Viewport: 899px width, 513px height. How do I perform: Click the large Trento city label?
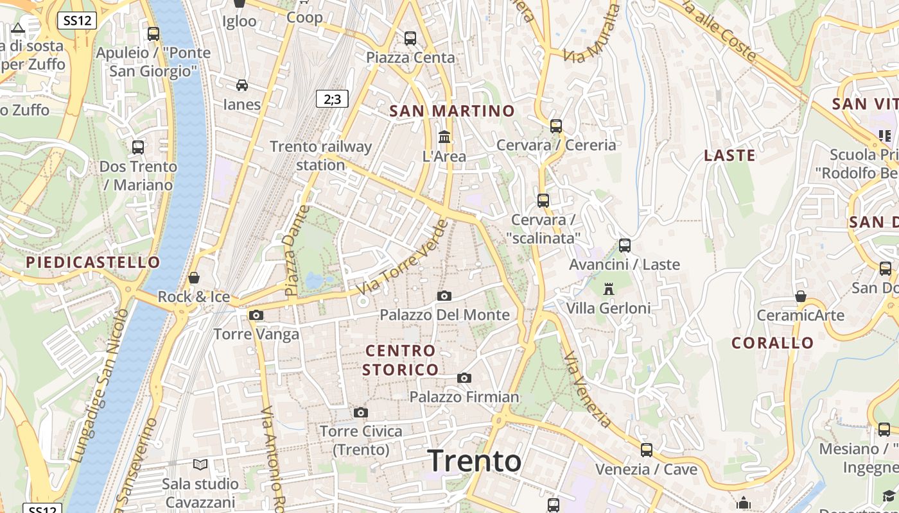[x=475, y=460]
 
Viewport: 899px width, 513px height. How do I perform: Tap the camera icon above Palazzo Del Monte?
[x=444, y=296]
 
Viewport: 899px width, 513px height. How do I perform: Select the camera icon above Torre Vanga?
[x=256, y=315]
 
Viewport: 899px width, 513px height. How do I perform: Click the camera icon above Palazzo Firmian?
[x=464, y=378]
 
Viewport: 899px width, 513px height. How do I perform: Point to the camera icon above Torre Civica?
[x=361, y=412]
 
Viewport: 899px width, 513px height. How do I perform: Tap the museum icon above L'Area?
[x=444, y=137]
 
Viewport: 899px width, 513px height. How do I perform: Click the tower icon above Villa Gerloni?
[x=609, y=289]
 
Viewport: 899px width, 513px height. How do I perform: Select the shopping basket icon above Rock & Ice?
[x=193, y=278]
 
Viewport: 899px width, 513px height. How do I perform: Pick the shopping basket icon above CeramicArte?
[x=801, y=296]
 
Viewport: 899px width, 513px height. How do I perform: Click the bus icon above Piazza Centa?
[x=410, y=38]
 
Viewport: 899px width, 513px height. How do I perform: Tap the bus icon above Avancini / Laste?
[x=625, y=245]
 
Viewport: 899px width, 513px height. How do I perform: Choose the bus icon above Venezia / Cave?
[x=647, y=450]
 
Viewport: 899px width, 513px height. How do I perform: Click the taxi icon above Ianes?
[x=242, y=85]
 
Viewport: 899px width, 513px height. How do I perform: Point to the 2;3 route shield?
[x=332, y=99]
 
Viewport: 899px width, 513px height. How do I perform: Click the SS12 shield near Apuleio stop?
[x=77, y=21]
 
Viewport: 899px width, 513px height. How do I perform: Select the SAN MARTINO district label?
[x=452, y=111]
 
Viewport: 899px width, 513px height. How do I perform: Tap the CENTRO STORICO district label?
[x=401, y=360]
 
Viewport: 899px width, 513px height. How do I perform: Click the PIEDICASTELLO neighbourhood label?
[x=93, y=262]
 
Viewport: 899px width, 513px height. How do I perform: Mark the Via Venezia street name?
[x=588, y=390]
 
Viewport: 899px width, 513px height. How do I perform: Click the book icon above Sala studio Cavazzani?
[x=200, y=464]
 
